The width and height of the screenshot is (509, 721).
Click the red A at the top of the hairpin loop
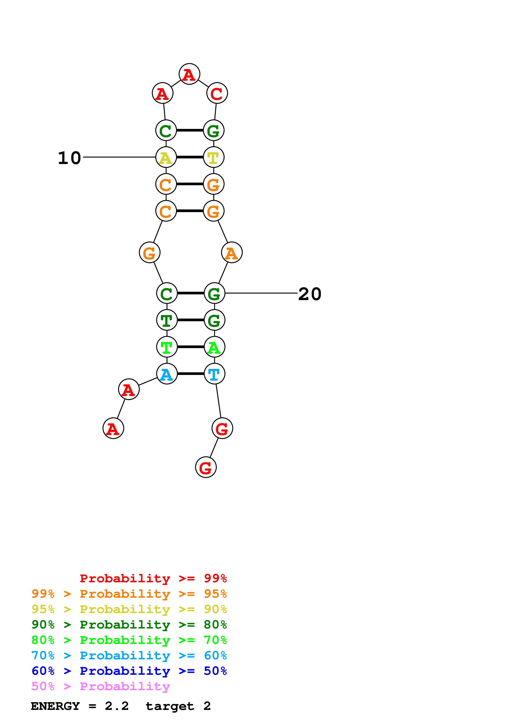[190, 74]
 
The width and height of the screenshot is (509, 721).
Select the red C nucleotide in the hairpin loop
[217, 93]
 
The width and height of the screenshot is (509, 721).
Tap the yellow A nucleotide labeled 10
[166, 157]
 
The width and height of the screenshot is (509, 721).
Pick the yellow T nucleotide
[214, 157]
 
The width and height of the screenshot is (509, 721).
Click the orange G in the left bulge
[150, 252]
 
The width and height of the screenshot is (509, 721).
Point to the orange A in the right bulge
[232, 252]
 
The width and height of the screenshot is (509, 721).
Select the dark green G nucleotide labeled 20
[215, 293]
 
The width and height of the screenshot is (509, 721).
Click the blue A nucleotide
[167, 374]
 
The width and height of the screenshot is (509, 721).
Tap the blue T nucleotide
[215, 374]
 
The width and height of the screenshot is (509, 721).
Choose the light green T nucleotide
[167, 347]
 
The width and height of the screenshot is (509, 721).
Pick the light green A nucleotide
[215, 347]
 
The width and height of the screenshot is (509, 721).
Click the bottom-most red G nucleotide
[206, 467]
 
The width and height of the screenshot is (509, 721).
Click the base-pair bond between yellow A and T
[190, 157]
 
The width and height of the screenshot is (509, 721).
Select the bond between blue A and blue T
[191, 374]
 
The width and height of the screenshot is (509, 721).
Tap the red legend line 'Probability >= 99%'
[153, 578]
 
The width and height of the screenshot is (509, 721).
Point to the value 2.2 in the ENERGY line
[117, 706]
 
